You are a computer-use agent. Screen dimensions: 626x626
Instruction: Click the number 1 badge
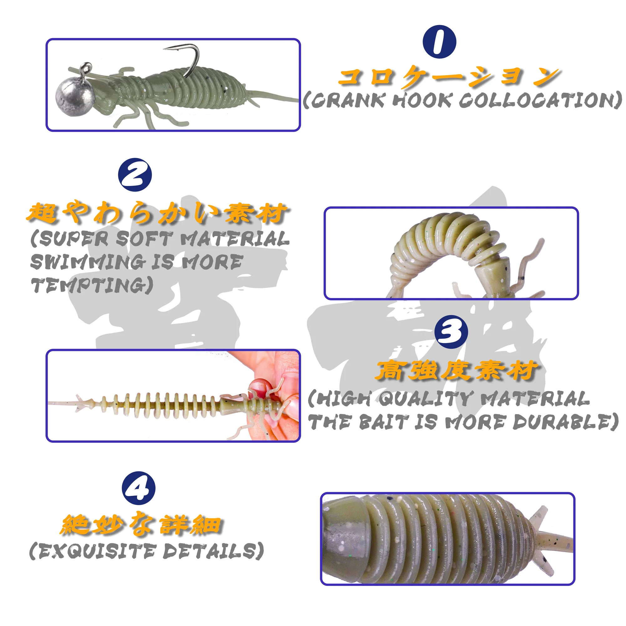click(439, 42)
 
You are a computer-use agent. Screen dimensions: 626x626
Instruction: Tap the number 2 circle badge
click(135, 175)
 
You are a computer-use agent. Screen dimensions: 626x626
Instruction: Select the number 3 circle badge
click(451, 332)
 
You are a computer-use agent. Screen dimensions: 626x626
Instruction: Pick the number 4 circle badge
click(138, 488)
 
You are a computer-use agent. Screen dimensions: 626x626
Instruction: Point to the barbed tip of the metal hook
click(164, 49)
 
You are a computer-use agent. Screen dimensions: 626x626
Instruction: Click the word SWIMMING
click(87, 262)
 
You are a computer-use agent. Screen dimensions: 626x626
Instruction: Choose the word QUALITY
click(423, 398)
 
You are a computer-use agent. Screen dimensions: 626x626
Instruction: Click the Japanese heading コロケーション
click(449, 76)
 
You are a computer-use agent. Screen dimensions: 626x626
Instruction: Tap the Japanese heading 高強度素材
click(457, 371)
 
